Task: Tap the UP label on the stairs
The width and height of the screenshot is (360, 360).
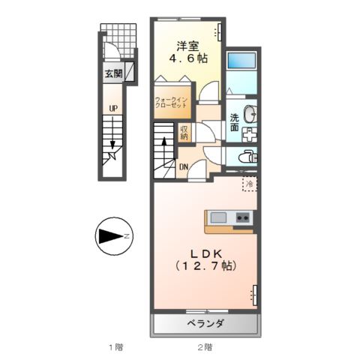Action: (112, 109)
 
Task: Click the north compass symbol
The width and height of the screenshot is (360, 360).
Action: (113, 237)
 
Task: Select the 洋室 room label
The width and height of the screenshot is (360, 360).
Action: (187, 44)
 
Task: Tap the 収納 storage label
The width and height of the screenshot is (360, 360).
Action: (184, 132)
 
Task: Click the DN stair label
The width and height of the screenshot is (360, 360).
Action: (183, 166)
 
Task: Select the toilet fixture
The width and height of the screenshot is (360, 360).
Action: (245, 157)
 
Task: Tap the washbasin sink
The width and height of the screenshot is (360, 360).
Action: (251, 115)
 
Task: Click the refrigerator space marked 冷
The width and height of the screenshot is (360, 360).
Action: (248, 182)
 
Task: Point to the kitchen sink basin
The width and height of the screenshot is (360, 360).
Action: (219, 217)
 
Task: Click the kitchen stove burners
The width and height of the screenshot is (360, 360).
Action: (243, 217)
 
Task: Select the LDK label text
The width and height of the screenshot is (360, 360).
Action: (205, 253)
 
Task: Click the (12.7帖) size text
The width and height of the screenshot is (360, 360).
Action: (205, 266)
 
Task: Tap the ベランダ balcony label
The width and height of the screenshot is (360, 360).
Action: (205, 323)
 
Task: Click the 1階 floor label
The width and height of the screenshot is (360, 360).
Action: (114, 346)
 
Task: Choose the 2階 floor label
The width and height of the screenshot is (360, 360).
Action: (205, 346)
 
